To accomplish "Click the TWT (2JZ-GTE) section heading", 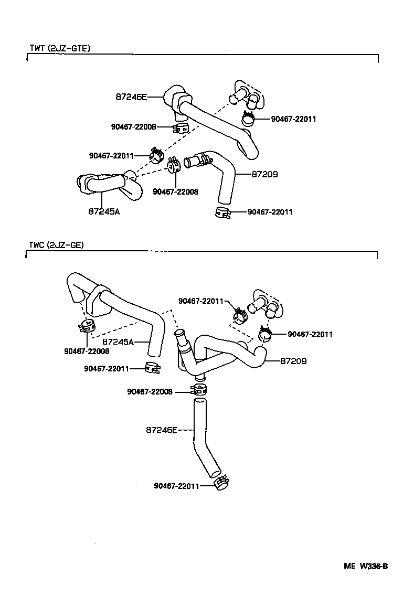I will tap(60, 48).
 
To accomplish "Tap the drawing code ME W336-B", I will tap(366, 566).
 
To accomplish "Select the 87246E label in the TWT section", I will tap(132, 97).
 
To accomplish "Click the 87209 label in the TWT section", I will tap(264, 174).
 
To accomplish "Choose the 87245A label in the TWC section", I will tap(118, 342).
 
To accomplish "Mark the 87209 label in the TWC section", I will tap(293, 361).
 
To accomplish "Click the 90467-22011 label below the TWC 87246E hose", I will tap(176, 486).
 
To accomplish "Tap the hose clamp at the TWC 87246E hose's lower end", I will tap(221, 482).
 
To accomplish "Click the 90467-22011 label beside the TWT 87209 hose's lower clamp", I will tap(270, 212).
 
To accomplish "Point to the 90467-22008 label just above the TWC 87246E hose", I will tap(150, 391).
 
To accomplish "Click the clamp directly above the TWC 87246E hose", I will tap(199, 390).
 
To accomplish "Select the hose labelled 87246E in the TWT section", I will tap(215, 120).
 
